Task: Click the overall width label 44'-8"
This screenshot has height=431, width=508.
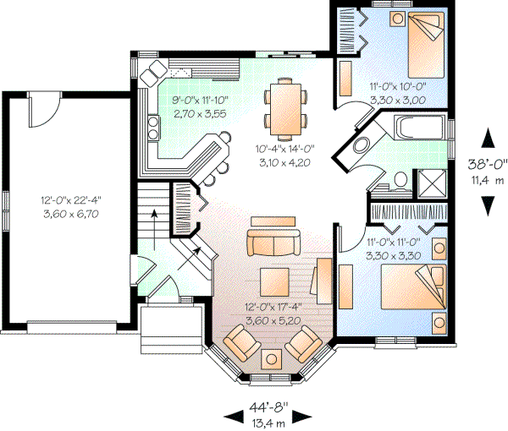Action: (268, 405)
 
